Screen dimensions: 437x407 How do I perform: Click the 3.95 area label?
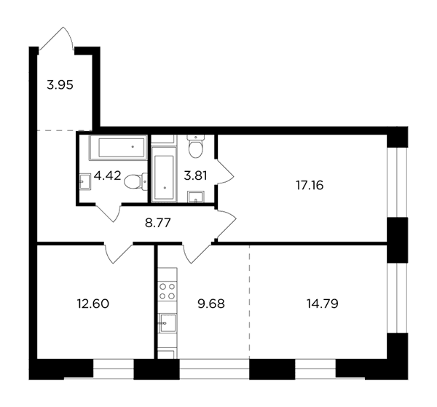(x=60, y=85)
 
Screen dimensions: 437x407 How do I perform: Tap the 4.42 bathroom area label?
(x=108, y=175)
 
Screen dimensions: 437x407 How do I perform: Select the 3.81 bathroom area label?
(x=195, y=175)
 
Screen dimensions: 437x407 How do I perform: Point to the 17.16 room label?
(x=310, y=185)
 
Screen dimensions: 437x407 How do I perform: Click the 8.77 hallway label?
(x=158, y=223)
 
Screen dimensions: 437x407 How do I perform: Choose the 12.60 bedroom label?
(x=92, y=304)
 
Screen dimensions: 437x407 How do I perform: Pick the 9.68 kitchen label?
(x=211, y=304)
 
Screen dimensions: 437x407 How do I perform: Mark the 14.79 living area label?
(x=323, y=304)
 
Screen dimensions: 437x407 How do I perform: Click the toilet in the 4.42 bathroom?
(x=135, y=181)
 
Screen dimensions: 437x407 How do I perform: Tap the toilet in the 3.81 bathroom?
(x=196, y=146)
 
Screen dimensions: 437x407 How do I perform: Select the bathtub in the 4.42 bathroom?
(x=118, y=148)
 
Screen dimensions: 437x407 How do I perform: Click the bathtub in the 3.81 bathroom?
(x=164, y=174)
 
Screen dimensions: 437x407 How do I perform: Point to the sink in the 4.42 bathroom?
(x=85, y=181)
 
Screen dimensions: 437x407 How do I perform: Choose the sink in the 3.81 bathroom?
(x=196, y=197)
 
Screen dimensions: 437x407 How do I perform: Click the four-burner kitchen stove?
(x=168, y=291)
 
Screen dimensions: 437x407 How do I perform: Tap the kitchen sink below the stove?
(x=168, y=323)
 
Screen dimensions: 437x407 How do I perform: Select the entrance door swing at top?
(x=57, y=39)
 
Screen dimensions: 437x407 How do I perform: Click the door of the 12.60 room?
(x=118, y=253)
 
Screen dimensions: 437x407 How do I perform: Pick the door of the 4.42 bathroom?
(x=108, y=213)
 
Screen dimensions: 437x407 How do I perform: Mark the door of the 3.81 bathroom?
(x=225, y=172)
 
